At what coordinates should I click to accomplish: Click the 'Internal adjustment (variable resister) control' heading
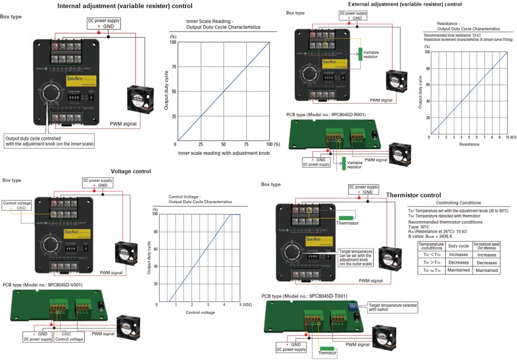click(x=125, y=6)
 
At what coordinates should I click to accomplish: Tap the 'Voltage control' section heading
click(x=131, y=171)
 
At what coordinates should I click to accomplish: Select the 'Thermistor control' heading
click(x=413, y=195)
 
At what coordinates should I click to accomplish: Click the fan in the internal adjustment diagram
click(x=139, y=99)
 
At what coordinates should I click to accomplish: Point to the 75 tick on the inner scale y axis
click(x=173, y=67)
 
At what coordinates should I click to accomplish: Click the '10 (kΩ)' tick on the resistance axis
click(x=509, y=137)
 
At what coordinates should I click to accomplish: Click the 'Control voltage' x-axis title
click(x=201, y=313)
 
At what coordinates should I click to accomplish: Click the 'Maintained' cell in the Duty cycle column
click(x=458, y=270)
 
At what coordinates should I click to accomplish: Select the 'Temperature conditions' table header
click(x=432, y=246)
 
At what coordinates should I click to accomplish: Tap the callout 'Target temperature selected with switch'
click(x=393, y=307)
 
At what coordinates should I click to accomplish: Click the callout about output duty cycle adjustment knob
click(x=49, y=141)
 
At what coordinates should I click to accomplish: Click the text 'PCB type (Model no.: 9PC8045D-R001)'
click(x=323, y=115)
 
